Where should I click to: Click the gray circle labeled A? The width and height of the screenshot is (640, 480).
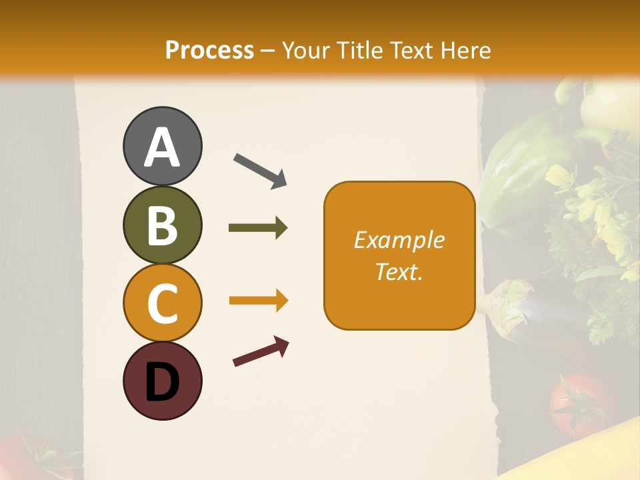[162, 146]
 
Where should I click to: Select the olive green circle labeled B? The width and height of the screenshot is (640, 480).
[162, 225]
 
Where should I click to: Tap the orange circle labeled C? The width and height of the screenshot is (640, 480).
[162, 303]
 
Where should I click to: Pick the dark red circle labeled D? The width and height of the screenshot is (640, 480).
[162, 381]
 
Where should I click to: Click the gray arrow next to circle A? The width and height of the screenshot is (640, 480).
[260, 171]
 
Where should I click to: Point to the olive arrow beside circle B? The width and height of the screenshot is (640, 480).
[258, 228]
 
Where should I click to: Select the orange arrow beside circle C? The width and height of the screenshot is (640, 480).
[258, 301]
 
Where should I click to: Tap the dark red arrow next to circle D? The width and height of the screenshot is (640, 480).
[261, 351]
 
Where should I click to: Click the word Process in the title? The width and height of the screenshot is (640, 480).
[209, 51]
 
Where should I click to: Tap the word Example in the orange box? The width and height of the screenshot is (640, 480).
[399, 240]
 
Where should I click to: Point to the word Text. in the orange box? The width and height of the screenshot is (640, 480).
[399, 272]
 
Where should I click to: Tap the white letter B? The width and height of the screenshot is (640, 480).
[162, 225]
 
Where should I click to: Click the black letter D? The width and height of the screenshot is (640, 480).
[162, 382]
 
